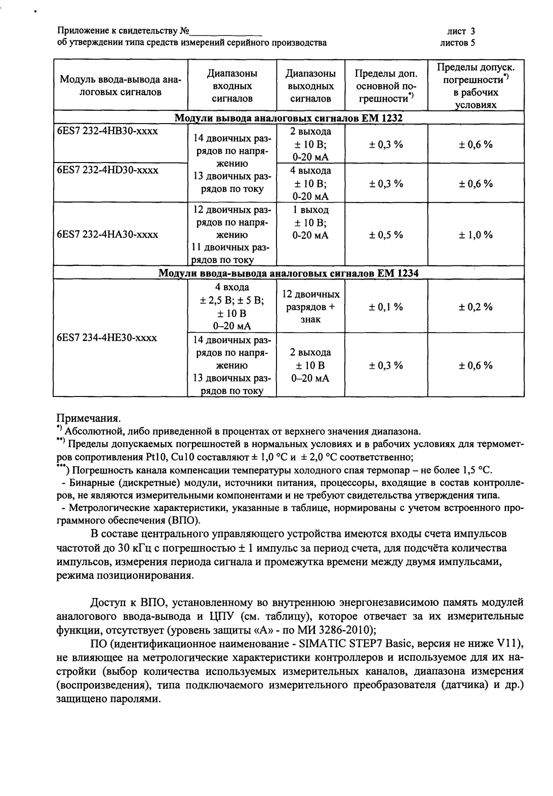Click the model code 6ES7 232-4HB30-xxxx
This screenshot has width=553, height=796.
pos(107,131)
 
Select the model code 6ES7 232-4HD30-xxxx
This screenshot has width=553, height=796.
pos(107,170)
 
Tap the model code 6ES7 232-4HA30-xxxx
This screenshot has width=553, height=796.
pos(107,234)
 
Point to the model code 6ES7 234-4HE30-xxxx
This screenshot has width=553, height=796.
pos(107,338)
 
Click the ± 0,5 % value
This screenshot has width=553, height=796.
pos(386,234)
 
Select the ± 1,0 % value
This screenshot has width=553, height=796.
pos(476,234)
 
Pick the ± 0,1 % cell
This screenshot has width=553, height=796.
pos(386,307)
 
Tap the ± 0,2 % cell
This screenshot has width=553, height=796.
pos(476,307)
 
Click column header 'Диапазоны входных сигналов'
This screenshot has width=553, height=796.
pos(232,86)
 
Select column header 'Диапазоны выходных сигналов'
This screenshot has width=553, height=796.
pos(310,86)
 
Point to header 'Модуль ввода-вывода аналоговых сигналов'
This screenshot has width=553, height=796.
pos(121,86)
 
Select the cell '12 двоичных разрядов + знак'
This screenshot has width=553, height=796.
pos(310,307)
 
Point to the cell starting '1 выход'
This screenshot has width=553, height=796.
pos(310,223)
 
